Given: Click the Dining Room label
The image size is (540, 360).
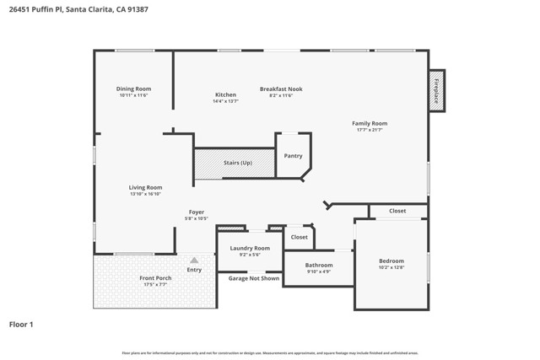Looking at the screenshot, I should tap(133, 89).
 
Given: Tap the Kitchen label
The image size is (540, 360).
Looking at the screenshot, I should tap(225, 94).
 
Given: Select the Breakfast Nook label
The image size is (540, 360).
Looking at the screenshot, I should tap(281, 89).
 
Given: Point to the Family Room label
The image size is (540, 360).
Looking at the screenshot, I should tap(370, 123).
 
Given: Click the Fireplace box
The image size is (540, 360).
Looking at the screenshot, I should tap(436, 89).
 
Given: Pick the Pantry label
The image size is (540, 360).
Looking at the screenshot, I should tap(293, 155).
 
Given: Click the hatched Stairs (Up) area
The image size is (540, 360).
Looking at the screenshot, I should tap(235, 163).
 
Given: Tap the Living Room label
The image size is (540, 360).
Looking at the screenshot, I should tap(145, 187).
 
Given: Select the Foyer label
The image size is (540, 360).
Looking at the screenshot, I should tap(196, 212).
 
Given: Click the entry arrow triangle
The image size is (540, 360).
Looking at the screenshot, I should tap(194, 260).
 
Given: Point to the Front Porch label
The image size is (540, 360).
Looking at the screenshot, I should tap(155, 278).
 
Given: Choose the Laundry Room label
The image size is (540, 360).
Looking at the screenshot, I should tap(251, 248).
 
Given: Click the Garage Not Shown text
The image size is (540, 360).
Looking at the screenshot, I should tap(254, 278).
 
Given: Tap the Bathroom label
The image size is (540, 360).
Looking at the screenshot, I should tap(319, 265).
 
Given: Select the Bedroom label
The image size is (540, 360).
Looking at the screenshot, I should tap(391, 261).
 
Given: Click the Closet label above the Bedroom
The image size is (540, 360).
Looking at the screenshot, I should tap(397, 211).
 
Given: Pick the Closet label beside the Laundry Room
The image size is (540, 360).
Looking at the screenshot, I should tap(300, 237).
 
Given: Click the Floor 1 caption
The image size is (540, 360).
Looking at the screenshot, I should tap(20, 323).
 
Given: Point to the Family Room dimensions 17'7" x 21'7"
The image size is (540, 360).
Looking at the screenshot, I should tap(370, 130).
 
